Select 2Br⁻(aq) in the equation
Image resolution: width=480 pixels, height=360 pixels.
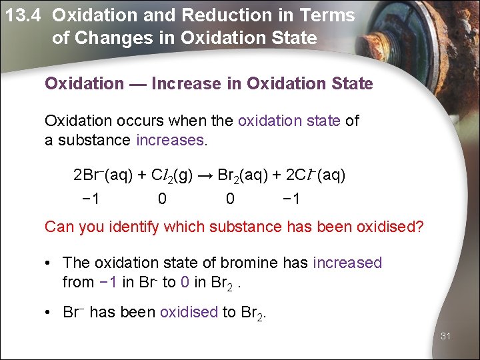click(x=102, y=175)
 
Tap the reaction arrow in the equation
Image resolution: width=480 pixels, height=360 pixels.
click(x=207, y=175)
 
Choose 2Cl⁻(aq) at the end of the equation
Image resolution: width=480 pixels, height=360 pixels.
click(x=315, y=175)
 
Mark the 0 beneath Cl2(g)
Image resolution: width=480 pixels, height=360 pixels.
click(x=162, y=199)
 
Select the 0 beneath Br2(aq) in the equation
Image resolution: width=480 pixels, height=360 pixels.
click(x=230, y=199)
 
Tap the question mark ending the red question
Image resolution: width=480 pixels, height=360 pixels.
click(x=419, y=227)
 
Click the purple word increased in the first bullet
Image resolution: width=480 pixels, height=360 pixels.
click(x=347, y=263)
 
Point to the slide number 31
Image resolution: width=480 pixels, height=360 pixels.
click(x=445, y=336)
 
